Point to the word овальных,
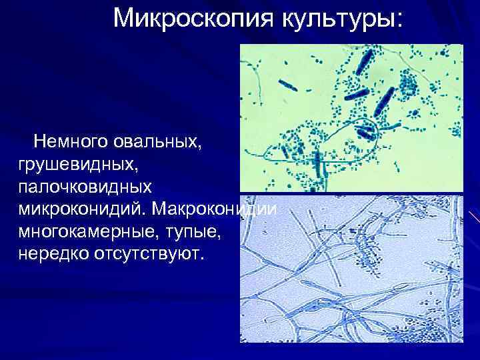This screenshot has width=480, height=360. click(155, 141)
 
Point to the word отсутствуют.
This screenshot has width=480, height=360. click(149, 255)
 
